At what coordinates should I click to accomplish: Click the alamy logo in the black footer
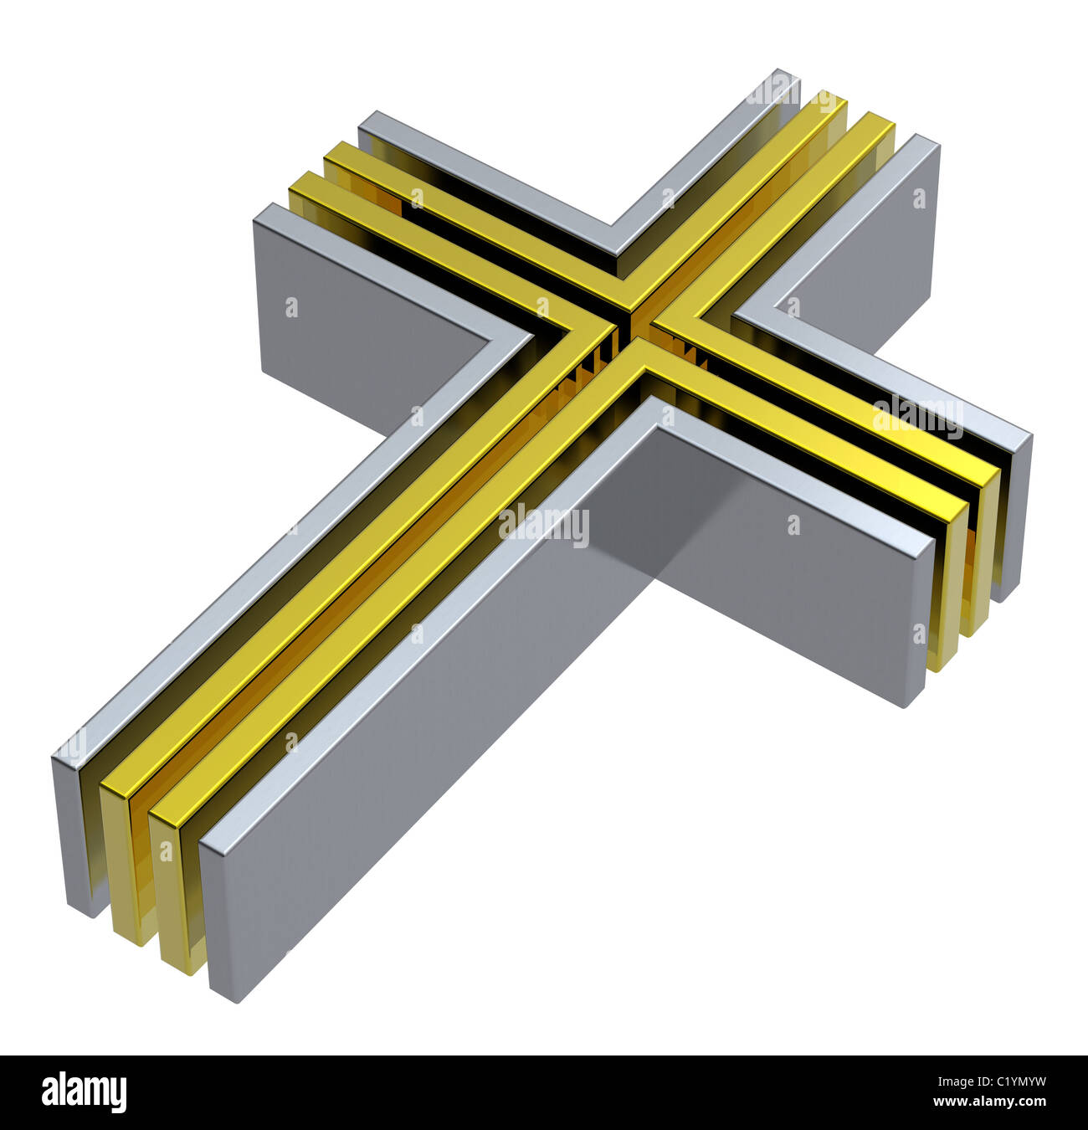click(84, 1093)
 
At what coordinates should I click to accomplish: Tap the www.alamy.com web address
click(992, 1102)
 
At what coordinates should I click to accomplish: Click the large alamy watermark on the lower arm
click(544, 526)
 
